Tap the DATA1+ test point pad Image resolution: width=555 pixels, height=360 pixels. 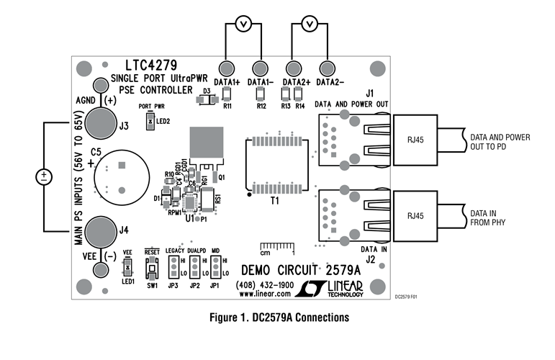225,68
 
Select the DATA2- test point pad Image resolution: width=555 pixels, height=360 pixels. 328,68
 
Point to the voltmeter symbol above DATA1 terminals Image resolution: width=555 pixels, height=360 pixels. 243,25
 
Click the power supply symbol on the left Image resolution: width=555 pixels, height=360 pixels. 42,176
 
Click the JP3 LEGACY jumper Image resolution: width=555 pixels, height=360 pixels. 173,268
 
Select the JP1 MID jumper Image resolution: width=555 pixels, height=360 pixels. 215,268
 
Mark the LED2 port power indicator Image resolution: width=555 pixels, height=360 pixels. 150,122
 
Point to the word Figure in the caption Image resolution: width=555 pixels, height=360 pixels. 226,317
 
